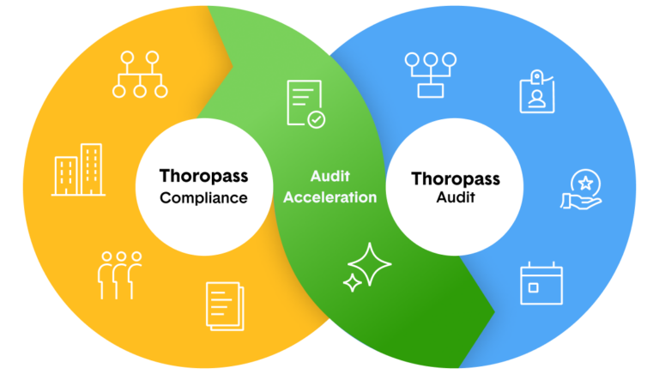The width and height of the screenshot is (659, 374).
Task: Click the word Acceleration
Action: (330, 197)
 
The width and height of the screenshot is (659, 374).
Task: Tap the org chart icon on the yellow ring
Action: (141, 74)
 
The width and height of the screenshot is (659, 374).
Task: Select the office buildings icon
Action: (78, 169)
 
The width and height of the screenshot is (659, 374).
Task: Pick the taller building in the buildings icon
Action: (91, 167)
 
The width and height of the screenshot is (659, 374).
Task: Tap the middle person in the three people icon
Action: (120, 274)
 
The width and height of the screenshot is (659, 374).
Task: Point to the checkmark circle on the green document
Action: (317, 120)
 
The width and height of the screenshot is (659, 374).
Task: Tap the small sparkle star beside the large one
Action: (351, 283)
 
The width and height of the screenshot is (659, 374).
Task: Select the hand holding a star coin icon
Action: (583, 189)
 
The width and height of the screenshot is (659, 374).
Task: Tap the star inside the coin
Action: (585, 182)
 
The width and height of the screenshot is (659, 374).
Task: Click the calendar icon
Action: (541, 284)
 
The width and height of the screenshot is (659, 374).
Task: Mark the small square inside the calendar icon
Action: (534, 289)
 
